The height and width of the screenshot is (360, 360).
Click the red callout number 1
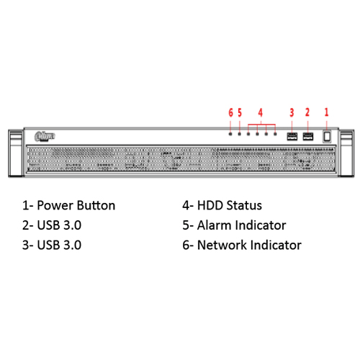point(326,112)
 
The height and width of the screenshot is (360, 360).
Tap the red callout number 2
point(307,112)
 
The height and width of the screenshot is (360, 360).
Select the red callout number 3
point(292,112)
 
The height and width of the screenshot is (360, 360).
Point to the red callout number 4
point(261,112)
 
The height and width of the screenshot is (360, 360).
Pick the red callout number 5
point(240,112)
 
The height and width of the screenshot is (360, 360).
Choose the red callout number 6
point(230,112)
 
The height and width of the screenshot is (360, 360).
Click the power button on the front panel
point(327,136)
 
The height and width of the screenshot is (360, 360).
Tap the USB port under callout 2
point(308,136)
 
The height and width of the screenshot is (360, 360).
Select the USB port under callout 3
point(292,136)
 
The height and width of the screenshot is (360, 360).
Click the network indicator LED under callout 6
point(230,134)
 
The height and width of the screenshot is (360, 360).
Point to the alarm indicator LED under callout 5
point(239,134)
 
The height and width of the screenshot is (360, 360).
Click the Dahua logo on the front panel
point(45,136)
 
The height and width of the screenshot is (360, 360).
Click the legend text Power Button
point(76,205)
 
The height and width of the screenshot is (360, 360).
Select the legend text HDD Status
point(230,205)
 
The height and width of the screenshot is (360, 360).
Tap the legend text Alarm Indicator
point(241,225)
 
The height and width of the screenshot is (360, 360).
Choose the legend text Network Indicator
point(249,245)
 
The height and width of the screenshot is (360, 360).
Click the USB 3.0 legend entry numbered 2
point(52,225)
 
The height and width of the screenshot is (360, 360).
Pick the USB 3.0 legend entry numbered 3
point(52,245)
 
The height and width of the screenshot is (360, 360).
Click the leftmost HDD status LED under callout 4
point(248,134)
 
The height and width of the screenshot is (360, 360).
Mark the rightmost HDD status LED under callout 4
point(275,134)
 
